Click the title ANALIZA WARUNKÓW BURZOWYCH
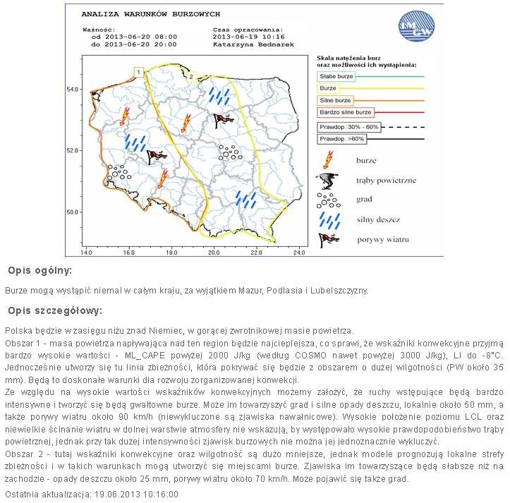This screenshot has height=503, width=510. pyautogui.click(x=151, y=13)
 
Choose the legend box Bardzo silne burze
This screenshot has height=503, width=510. pyautogui.click(x=346, y=112)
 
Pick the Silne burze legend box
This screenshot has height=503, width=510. pyautogui.click(x=335, y=100)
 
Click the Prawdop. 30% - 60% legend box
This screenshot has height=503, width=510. pyautogui.click(x=348, y=127)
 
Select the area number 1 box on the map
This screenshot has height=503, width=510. pyautogui.click(x=140, y=72)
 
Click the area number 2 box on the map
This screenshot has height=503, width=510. pyautogui.click(x=190, y=76)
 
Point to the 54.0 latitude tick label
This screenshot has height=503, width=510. pyautogui.click(x=72, y=90)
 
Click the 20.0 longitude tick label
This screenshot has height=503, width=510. pyautogui.click(x=214, y=252)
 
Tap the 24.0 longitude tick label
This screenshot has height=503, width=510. pyautogui.click(x=298, y=252)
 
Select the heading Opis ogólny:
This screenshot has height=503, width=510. pyautogui.click(x=40, y=271)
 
